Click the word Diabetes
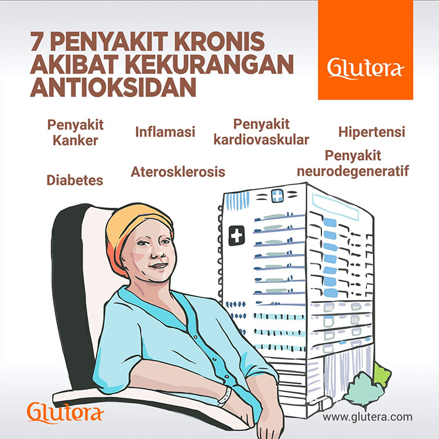pos(74,180)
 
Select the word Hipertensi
pos(372,131)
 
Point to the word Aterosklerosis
pos(178,172)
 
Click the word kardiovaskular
pos(261,140)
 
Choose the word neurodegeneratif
pos(352,172)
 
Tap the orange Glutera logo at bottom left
pos(66,413)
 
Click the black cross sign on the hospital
pos(237,235)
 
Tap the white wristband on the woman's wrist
pos(224,397)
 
